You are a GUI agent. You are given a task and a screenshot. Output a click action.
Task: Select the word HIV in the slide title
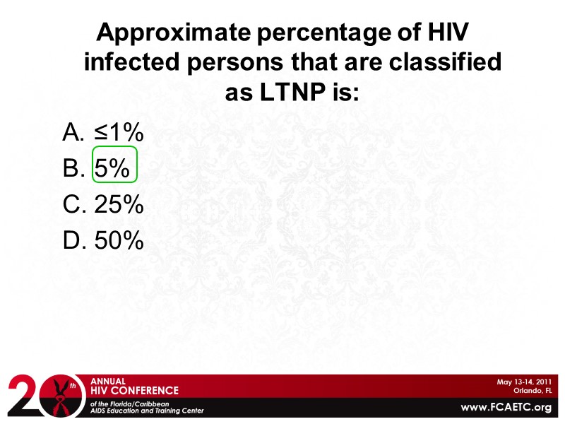coord(446,33)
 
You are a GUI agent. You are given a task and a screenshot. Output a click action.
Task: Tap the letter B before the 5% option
coord(74,168)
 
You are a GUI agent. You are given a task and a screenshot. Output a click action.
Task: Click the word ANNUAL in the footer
coord(109,380)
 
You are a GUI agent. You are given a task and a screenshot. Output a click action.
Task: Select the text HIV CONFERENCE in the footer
coord(135,390)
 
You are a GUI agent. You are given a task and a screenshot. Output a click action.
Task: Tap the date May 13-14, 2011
coord(523,382)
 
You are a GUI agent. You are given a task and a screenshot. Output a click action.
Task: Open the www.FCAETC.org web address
coord(506,407)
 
